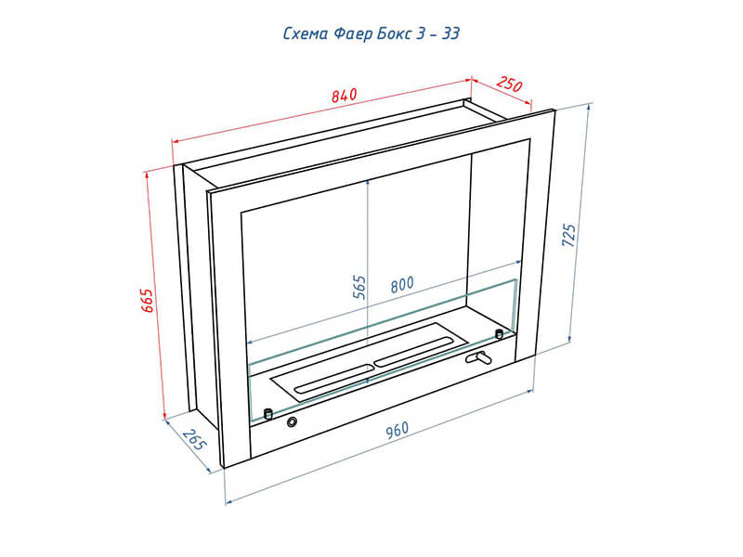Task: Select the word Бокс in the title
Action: point(394,33)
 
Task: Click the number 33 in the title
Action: point(450,33)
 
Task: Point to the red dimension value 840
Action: point(344,96)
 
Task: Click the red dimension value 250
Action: point(509,84)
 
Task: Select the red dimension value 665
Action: point(148,300)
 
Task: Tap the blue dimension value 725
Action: point(568,235)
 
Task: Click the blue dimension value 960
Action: point(397,430)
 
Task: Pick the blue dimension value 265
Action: point(195,440)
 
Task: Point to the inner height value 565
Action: point(360,287)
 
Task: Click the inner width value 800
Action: point(402,285)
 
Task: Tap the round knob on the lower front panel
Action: point(292,421)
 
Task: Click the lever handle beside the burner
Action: point(478,357)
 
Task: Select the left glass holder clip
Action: point(267,413)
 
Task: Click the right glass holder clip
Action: point(499,334)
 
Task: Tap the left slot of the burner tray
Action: point(332,379)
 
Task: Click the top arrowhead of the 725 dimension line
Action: point(589,107)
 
